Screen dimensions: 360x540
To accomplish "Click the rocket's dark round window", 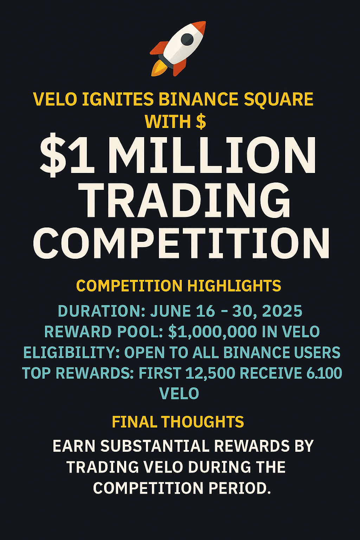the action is [x=187, y=39].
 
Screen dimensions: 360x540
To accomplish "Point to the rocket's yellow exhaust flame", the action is [x=158, y=68].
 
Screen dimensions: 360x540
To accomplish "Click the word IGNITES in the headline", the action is [x=118, y=99].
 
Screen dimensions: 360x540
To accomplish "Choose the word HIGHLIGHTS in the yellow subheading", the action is [x=234, y=286].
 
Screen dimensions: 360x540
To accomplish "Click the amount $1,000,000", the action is [x=212, y=332].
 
